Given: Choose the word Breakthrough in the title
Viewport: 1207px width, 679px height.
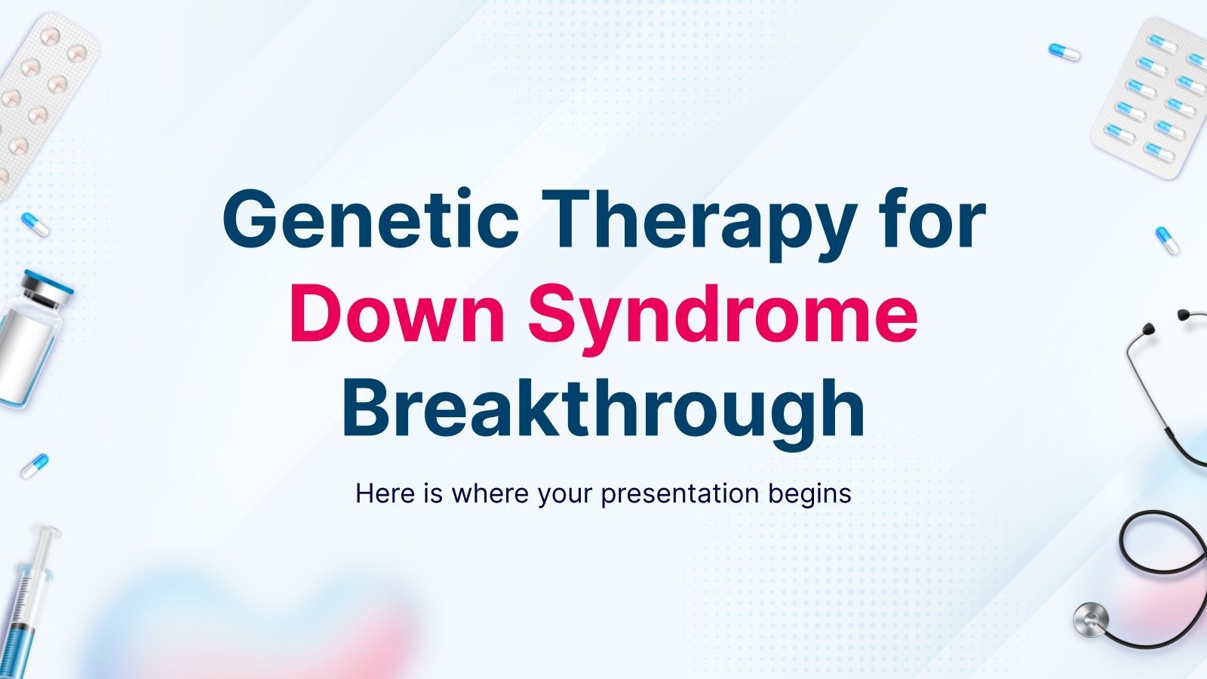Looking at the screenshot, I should [603, 409].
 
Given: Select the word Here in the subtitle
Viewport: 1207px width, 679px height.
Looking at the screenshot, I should [385, 493].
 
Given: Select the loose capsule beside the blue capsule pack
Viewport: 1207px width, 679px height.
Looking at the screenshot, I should [1064, 52].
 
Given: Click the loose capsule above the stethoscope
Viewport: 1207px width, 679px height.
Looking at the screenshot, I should [1167, 241].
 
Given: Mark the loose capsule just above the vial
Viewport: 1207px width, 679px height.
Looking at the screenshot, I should [35, 224].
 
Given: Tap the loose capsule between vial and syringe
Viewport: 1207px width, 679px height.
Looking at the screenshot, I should [35, 465].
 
